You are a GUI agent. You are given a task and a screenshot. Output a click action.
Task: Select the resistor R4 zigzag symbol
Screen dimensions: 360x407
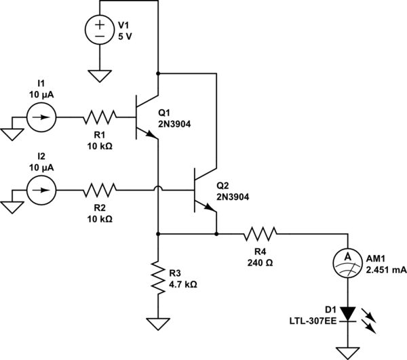(260, 235)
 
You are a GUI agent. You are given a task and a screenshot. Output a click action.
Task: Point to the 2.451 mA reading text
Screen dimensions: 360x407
(386, 269)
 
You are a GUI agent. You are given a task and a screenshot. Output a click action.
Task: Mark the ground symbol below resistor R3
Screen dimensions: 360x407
(157, 323)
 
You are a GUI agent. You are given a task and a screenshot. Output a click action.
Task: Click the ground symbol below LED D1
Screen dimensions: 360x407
(347, 351)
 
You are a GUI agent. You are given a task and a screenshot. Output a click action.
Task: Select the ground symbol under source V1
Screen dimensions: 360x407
(99, 75)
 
